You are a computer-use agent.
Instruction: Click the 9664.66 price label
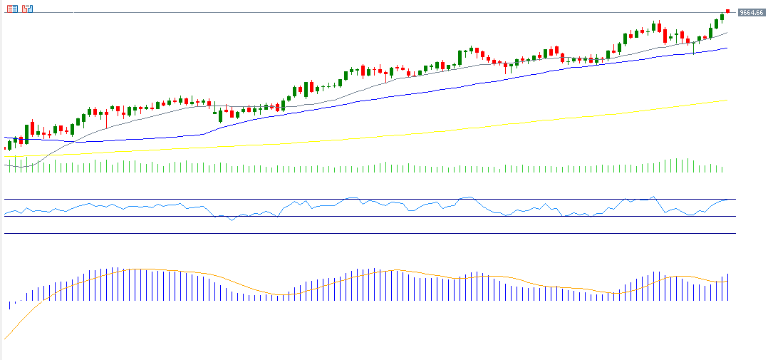point(751,12)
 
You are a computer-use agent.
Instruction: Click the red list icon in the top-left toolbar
point(12,9)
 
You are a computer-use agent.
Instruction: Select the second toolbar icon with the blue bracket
point(27,9)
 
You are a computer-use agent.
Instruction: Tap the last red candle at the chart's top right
point(727,11)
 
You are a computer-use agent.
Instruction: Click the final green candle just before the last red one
point(722,17)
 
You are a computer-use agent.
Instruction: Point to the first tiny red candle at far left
point(5,148)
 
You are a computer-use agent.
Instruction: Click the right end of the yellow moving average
point(727,101)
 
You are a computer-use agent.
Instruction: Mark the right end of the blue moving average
point(727,48)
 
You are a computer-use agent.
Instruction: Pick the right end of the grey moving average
point(727,32)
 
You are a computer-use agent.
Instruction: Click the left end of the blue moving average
point(6,138)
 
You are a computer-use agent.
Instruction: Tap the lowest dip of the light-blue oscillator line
point(232,220)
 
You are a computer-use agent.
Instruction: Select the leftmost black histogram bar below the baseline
point(9,305)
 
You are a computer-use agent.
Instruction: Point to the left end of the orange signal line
point(5,338)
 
